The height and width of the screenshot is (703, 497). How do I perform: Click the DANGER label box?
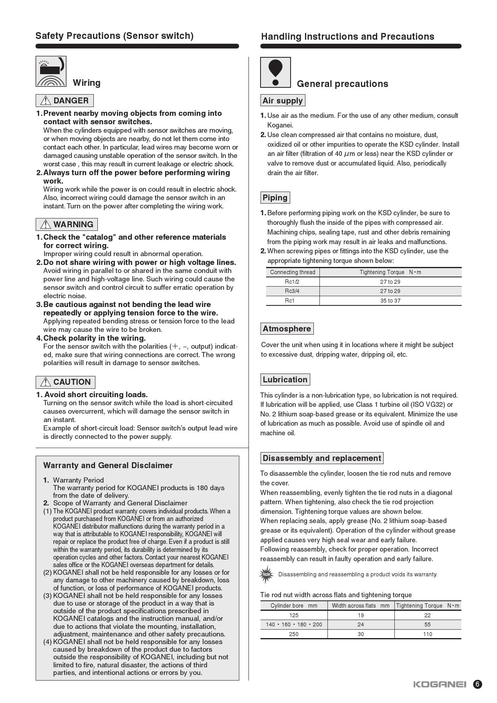(65, 101)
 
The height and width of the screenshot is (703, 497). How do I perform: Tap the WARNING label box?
(67, 224)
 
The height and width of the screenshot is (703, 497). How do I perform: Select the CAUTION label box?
(65, 382)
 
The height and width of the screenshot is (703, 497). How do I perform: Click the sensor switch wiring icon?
(51, 71)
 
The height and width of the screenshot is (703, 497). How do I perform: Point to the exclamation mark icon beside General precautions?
(275, 72)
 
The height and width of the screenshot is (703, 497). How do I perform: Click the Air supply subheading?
(283, 101)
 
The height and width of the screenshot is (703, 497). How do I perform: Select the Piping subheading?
(275, 198)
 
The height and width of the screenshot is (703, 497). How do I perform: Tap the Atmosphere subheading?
(287, 329)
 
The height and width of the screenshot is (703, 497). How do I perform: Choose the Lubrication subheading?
(285, 380)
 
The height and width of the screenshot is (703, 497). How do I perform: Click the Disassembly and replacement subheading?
(321, 458)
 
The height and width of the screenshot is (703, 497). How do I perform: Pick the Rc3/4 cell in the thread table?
(292, 291)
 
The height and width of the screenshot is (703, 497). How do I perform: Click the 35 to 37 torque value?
(390, 301)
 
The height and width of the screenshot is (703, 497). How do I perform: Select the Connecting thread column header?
(293, 272)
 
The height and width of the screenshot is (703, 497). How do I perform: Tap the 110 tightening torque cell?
(427, 634)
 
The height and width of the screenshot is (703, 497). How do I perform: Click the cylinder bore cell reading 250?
(294, 634)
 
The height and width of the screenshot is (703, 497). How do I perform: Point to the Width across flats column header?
(360, 606)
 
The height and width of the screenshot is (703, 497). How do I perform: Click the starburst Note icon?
(267, 574)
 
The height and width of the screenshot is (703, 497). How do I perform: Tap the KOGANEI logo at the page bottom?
(439, 684)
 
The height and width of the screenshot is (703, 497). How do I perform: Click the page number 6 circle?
(477, 684)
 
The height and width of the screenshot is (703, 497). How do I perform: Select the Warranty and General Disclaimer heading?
(108, 465)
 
